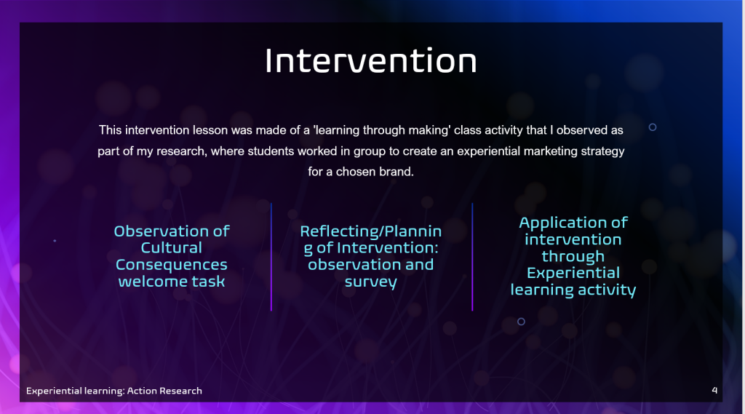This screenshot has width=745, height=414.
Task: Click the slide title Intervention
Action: tap(370, 60)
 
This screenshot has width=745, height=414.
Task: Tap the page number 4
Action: tap(714, 390)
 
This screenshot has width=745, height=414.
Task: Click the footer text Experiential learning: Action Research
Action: tap(114, 391)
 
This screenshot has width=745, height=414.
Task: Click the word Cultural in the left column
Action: tap(172, 247)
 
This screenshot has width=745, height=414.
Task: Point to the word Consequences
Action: tap(172, 264)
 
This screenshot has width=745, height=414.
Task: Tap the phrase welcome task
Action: tap(172, 282)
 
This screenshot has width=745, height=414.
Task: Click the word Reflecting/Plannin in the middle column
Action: tap(370, 231)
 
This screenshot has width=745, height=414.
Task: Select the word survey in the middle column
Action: tap(370, 282)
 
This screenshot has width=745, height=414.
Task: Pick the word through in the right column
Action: tap(573, 257)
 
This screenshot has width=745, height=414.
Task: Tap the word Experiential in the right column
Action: tap(573, 273)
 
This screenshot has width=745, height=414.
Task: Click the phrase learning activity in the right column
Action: tap(573, 290)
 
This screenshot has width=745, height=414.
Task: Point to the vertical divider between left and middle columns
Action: tap(271, 257)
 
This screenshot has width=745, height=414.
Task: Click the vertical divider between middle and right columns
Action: tap(472, 257)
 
